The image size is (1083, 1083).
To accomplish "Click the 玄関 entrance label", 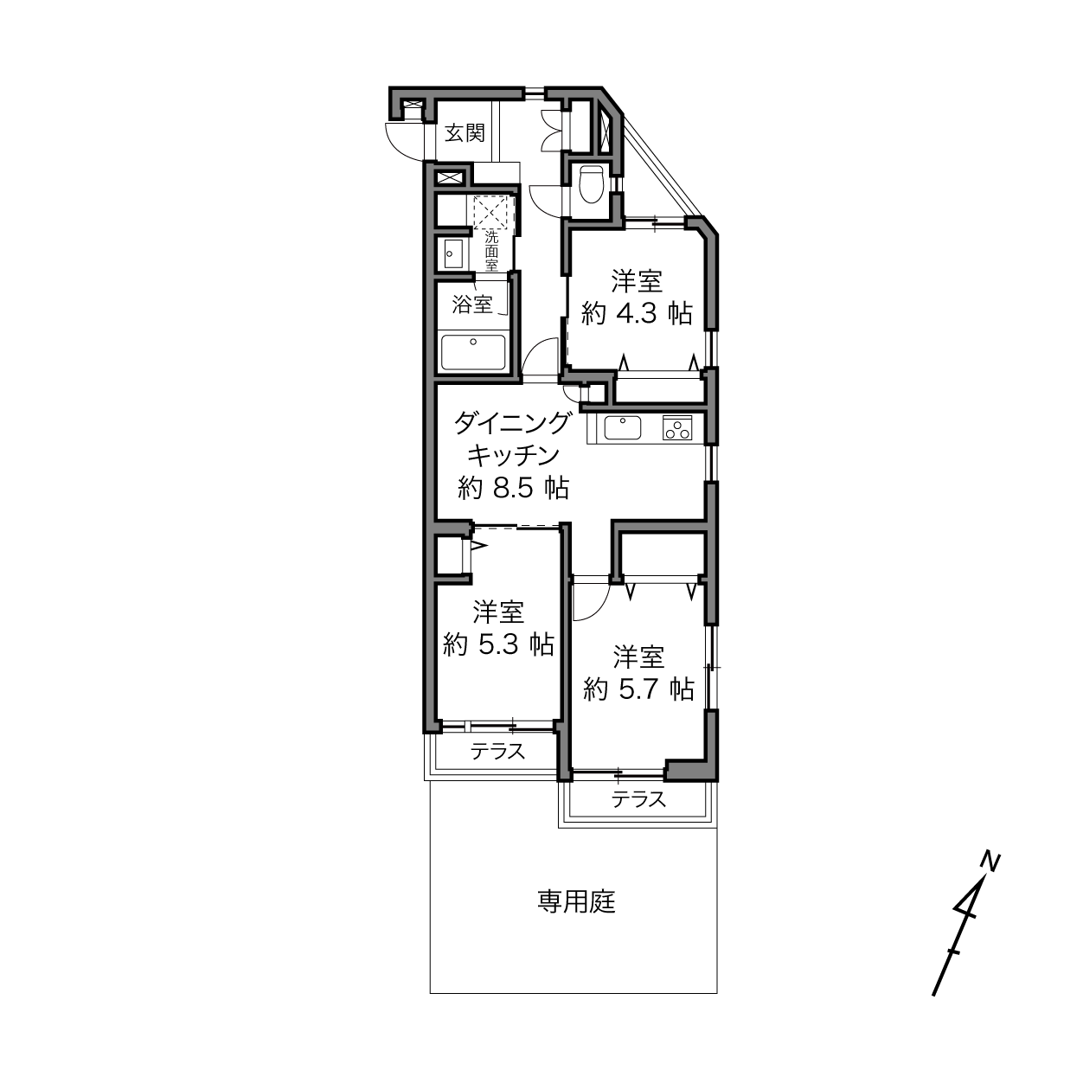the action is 465,133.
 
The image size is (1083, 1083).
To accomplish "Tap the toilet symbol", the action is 590,183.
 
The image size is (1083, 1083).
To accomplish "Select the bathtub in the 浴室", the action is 473,352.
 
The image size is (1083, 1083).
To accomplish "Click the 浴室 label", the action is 472,304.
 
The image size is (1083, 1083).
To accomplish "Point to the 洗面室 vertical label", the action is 492,251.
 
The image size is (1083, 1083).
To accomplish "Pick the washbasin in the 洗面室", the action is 453,254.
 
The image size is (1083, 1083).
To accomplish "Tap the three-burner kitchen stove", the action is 677,428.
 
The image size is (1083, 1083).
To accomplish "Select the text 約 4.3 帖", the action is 637,314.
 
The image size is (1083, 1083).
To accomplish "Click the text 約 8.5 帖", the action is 514,488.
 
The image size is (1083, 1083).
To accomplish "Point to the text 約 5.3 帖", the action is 498,644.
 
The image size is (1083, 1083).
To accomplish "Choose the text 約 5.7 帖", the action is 639,689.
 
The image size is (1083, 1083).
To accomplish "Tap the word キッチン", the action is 514,455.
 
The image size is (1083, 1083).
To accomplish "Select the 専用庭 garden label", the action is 577,900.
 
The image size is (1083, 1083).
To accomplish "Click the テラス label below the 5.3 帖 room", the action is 498,750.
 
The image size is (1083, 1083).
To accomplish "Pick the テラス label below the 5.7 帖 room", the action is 639,798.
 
